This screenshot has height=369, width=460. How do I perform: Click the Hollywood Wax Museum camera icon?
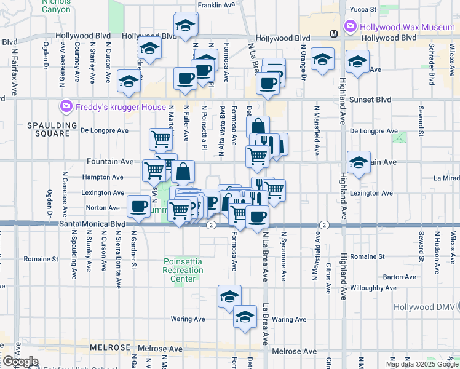click(350, 26)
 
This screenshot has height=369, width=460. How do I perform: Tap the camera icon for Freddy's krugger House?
click(66, 107)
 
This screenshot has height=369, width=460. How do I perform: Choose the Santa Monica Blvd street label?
click(92, 225)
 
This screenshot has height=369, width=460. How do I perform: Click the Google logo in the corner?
click(20, 362)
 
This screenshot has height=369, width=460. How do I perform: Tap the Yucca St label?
click(362, 9)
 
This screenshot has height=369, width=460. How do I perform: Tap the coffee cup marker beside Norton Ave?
click(138, 206)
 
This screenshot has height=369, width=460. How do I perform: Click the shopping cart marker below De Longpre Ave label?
click(161, 140)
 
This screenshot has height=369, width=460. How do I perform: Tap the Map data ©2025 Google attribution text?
click(421, 364)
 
